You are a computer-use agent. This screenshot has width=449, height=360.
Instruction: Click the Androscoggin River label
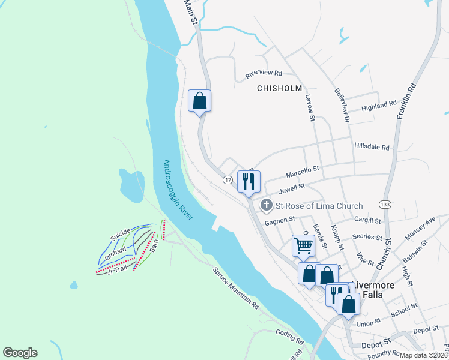(x=178, y=190)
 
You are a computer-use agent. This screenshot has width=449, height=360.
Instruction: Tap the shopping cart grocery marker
(x=303, y=245)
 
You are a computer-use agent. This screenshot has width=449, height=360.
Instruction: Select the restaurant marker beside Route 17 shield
(x=249, y=181)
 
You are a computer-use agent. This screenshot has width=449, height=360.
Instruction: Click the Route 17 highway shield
(x=228, y=180)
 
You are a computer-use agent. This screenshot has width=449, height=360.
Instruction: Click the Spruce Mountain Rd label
(x=236, y=287)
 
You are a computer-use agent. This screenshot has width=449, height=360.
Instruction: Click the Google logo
(x=20, y=353)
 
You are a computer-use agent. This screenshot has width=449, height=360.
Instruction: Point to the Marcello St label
(x=302, y=173)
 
